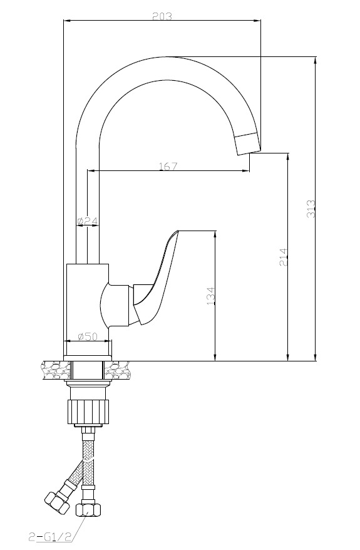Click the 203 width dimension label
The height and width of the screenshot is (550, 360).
pyautogui.click(x=162, y=16)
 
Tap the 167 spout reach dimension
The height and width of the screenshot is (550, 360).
pyautogui.click(x=168, y=166)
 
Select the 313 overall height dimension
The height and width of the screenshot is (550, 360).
pyautogui.click(x=311, y=209)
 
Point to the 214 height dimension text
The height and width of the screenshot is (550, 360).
pyautogui.click(x=283, y=257)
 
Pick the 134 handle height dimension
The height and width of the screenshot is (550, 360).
pyautogui.click(x=210, y=296)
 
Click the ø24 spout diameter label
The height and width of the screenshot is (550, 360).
pyautogui.click(x=87, y=221)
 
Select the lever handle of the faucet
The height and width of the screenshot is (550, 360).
pyautogui.click(x=156, y=277)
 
